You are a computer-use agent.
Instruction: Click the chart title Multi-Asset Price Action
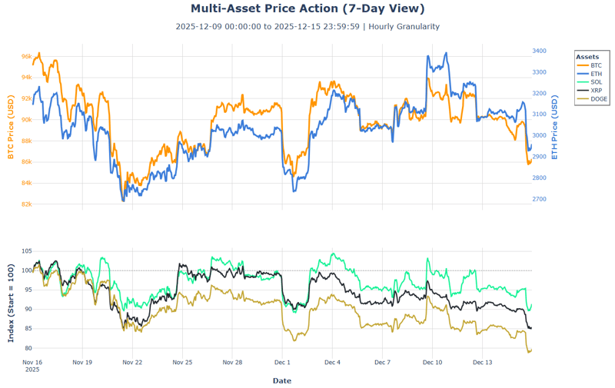click(x=307, y=8)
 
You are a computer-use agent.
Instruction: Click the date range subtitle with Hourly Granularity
click(x=307, y=26)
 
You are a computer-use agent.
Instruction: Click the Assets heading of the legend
click(x=587, y=57)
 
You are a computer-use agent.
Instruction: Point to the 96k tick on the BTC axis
click(x=26, y=57)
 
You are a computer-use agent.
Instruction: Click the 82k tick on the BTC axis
click(x=26, y=204)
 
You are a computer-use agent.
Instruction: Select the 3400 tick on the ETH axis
click(x=539, y=51)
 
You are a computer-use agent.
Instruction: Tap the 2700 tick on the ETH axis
click(x=539, y=199)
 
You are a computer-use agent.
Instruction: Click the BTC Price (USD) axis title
click(x=11, y=128)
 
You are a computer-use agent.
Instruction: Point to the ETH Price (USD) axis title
click(x=555, y=128)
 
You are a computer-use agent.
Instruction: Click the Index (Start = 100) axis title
click(x=11, y=300)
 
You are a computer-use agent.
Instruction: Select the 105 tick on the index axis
click(x=26, y=251)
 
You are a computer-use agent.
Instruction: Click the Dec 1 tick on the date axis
click(x=282, y=362)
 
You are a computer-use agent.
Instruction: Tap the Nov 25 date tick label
click(x=182, y=362)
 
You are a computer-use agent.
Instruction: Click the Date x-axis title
click(x=281, y=380)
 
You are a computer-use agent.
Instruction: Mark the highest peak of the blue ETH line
click(x=427, y=55)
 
